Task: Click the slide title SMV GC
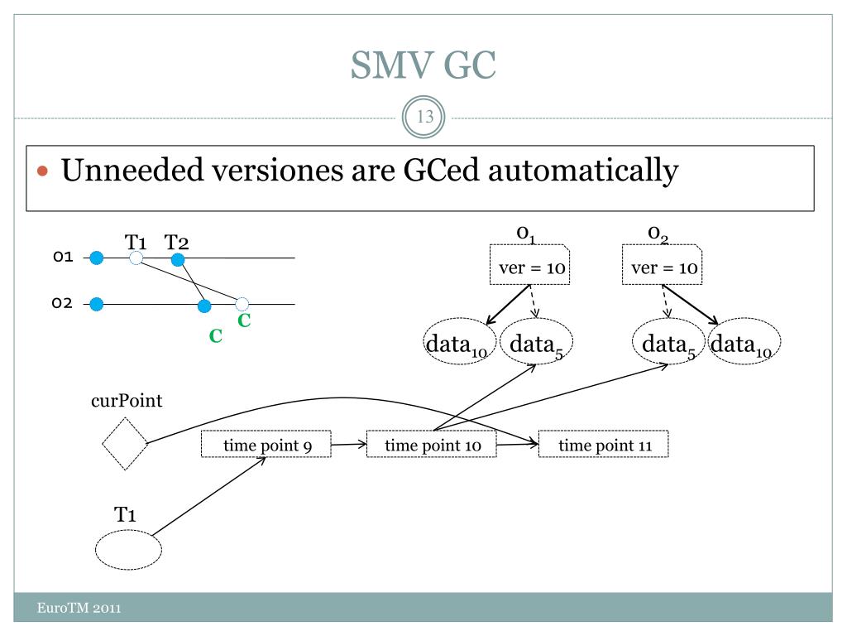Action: pos(423,65)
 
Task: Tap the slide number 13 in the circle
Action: pos(425,116)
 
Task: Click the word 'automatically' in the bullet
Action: pos(583,171)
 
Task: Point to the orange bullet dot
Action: pos(43,171)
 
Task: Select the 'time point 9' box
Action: pos(266,444)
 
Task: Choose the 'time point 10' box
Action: pos(432,444)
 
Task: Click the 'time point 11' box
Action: pos(603,444)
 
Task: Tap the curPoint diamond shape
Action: pos(125,444)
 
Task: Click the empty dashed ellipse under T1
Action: pos(128,550)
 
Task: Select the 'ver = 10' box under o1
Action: pos(529,264)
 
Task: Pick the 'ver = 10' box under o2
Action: pos(663,264)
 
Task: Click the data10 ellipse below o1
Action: pos(459,341)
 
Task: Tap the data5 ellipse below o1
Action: pos(536,341)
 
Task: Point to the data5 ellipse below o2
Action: pos(668,341)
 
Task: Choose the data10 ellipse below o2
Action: pos(744,341)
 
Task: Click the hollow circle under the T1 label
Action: pos(136,258)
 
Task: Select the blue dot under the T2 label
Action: pos(178,259)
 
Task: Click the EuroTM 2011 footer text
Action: pos(79,608)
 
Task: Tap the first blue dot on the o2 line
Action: pos(97,305)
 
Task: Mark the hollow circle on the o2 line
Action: pos(242,304)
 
